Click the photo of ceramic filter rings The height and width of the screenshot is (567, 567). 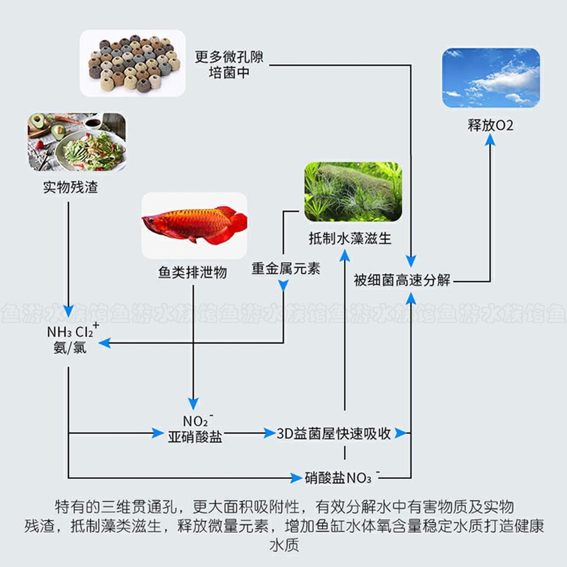coord(133,64)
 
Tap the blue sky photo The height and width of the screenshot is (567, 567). coord(491,77)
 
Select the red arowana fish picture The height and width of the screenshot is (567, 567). coord(194,226)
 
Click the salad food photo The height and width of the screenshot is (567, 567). coord(76,142)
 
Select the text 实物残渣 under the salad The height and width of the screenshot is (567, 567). coord(70,188)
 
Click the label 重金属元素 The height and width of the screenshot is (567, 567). coord(286,269)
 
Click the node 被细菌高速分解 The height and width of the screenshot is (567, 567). coord(402,280)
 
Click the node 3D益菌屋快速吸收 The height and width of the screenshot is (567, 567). coord(334,434)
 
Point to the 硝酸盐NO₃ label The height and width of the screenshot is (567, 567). coord(340,477)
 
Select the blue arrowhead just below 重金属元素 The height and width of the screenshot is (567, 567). coord(283,286)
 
